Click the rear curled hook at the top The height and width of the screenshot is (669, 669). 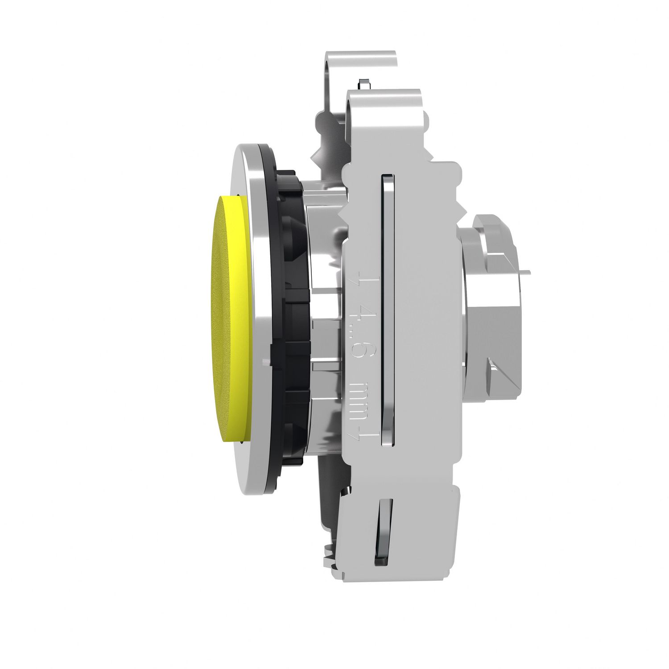[357, 62]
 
